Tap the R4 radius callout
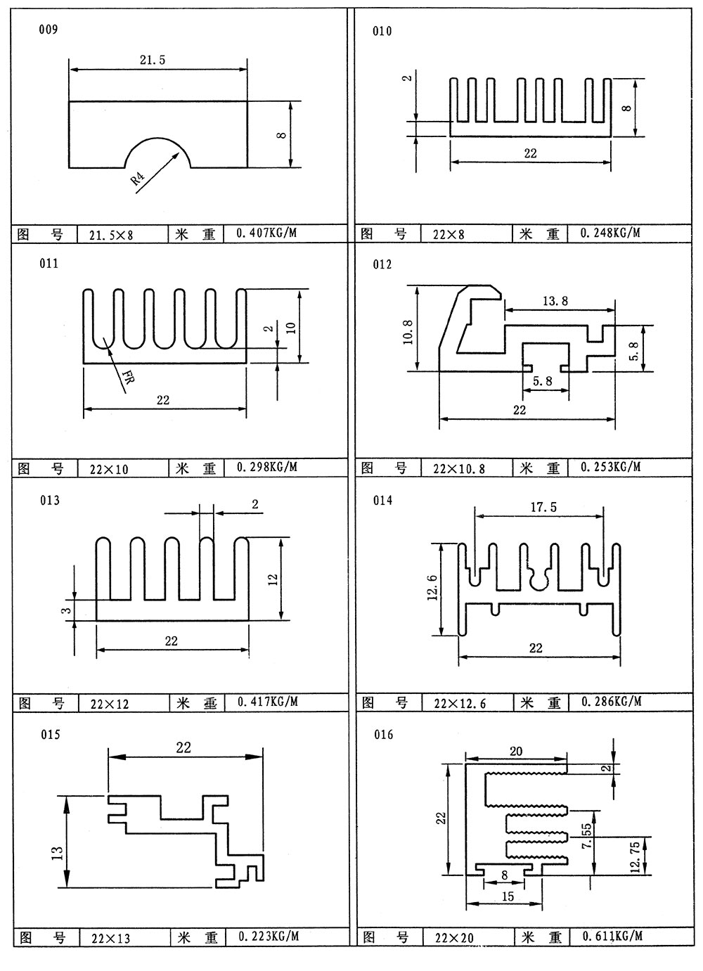click(x=138, y=179)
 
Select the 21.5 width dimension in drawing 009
click(x=152, y=60)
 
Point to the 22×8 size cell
click(x=449, y=234)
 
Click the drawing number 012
click(x=382, y=264)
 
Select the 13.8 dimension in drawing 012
click(x=555, y=301)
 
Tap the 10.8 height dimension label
click(x=408, y=328)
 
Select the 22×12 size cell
click(x=110, y=703)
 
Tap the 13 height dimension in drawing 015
click(x=58, y=852)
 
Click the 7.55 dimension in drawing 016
click(x=588, y=837)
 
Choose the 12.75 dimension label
click(x=637, y=855)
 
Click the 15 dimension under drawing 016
click(x=508, y=896)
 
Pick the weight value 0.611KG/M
click(x=612, y=937)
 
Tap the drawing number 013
click(x=50, y=500)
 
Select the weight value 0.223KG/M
click(x=268, y=937)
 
